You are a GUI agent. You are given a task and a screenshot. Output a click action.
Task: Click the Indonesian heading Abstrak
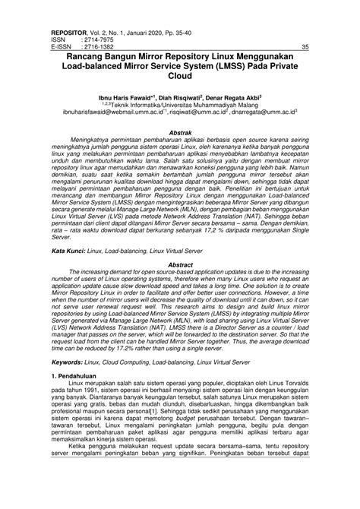click(180, 132)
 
